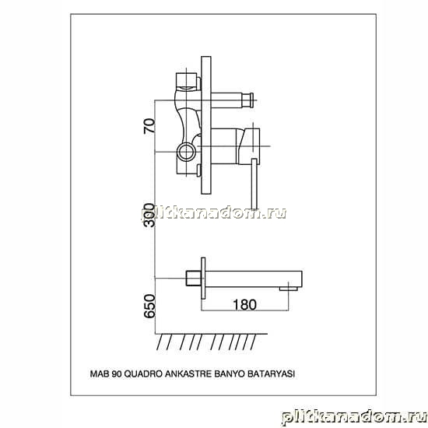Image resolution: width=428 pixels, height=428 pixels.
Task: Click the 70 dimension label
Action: coord(149,126)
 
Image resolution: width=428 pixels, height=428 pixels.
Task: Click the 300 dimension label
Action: coord(149,216)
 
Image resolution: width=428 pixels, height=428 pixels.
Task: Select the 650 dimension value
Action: coord(149,307)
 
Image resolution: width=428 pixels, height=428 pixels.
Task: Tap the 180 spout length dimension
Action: coord(244,304)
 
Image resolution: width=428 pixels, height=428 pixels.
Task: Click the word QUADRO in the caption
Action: coord(143,374)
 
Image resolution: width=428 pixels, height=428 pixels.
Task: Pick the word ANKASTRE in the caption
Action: coord(188,374)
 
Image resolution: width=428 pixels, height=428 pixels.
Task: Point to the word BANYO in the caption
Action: coord(230,374)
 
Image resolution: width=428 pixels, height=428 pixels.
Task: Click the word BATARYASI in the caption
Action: coord(271,374)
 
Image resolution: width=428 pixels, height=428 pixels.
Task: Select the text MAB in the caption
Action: coord(100,374)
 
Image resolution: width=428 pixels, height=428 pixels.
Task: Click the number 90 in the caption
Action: coord(117,374)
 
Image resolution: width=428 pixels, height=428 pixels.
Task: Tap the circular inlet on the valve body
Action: coord(187,152)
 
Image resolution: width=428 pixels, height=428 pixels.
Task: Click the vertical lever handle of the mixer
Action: coord(254,184)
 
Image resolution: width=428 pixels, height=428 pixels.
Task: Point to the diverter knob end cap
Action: coord(250,100)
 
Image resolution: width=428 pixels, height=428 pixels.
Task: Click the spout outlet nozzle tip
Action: coord(288,289)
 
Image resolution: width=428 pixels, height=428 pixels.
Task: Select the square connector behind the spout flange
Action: coord(194,278)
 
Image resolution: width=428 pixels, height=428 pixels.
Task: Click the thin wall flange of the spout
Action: coord(203,278)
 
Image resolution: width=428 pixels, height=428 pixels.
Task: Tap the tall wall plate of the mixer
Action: coord(206,125)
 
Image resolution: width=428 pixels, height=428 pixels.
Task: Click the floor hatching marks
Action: coord(206,342)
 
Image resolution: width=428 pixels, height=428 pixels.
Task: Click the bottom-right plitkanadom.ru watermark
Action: coord(354,418)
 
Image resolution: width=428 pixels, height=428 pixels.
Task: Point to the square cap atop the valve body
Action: coord(187,82)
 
